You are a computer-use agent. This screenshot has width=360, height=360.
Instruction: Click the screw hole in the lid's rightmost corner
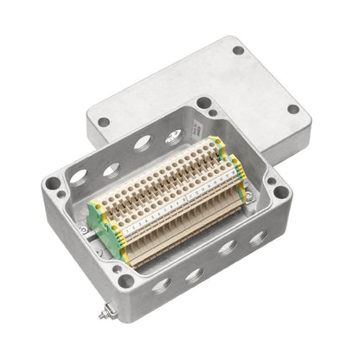tap(293, 110)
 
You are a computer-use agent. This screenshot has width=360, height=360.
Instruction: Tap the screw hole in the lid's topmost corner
tap(237, 50)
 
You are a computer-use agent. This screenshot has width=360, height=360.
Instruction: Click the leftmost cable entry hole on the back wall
tap(78, 177)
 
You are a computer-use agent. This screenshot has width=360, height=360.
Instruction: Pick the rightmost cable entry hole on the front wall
tap(257, 235)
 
